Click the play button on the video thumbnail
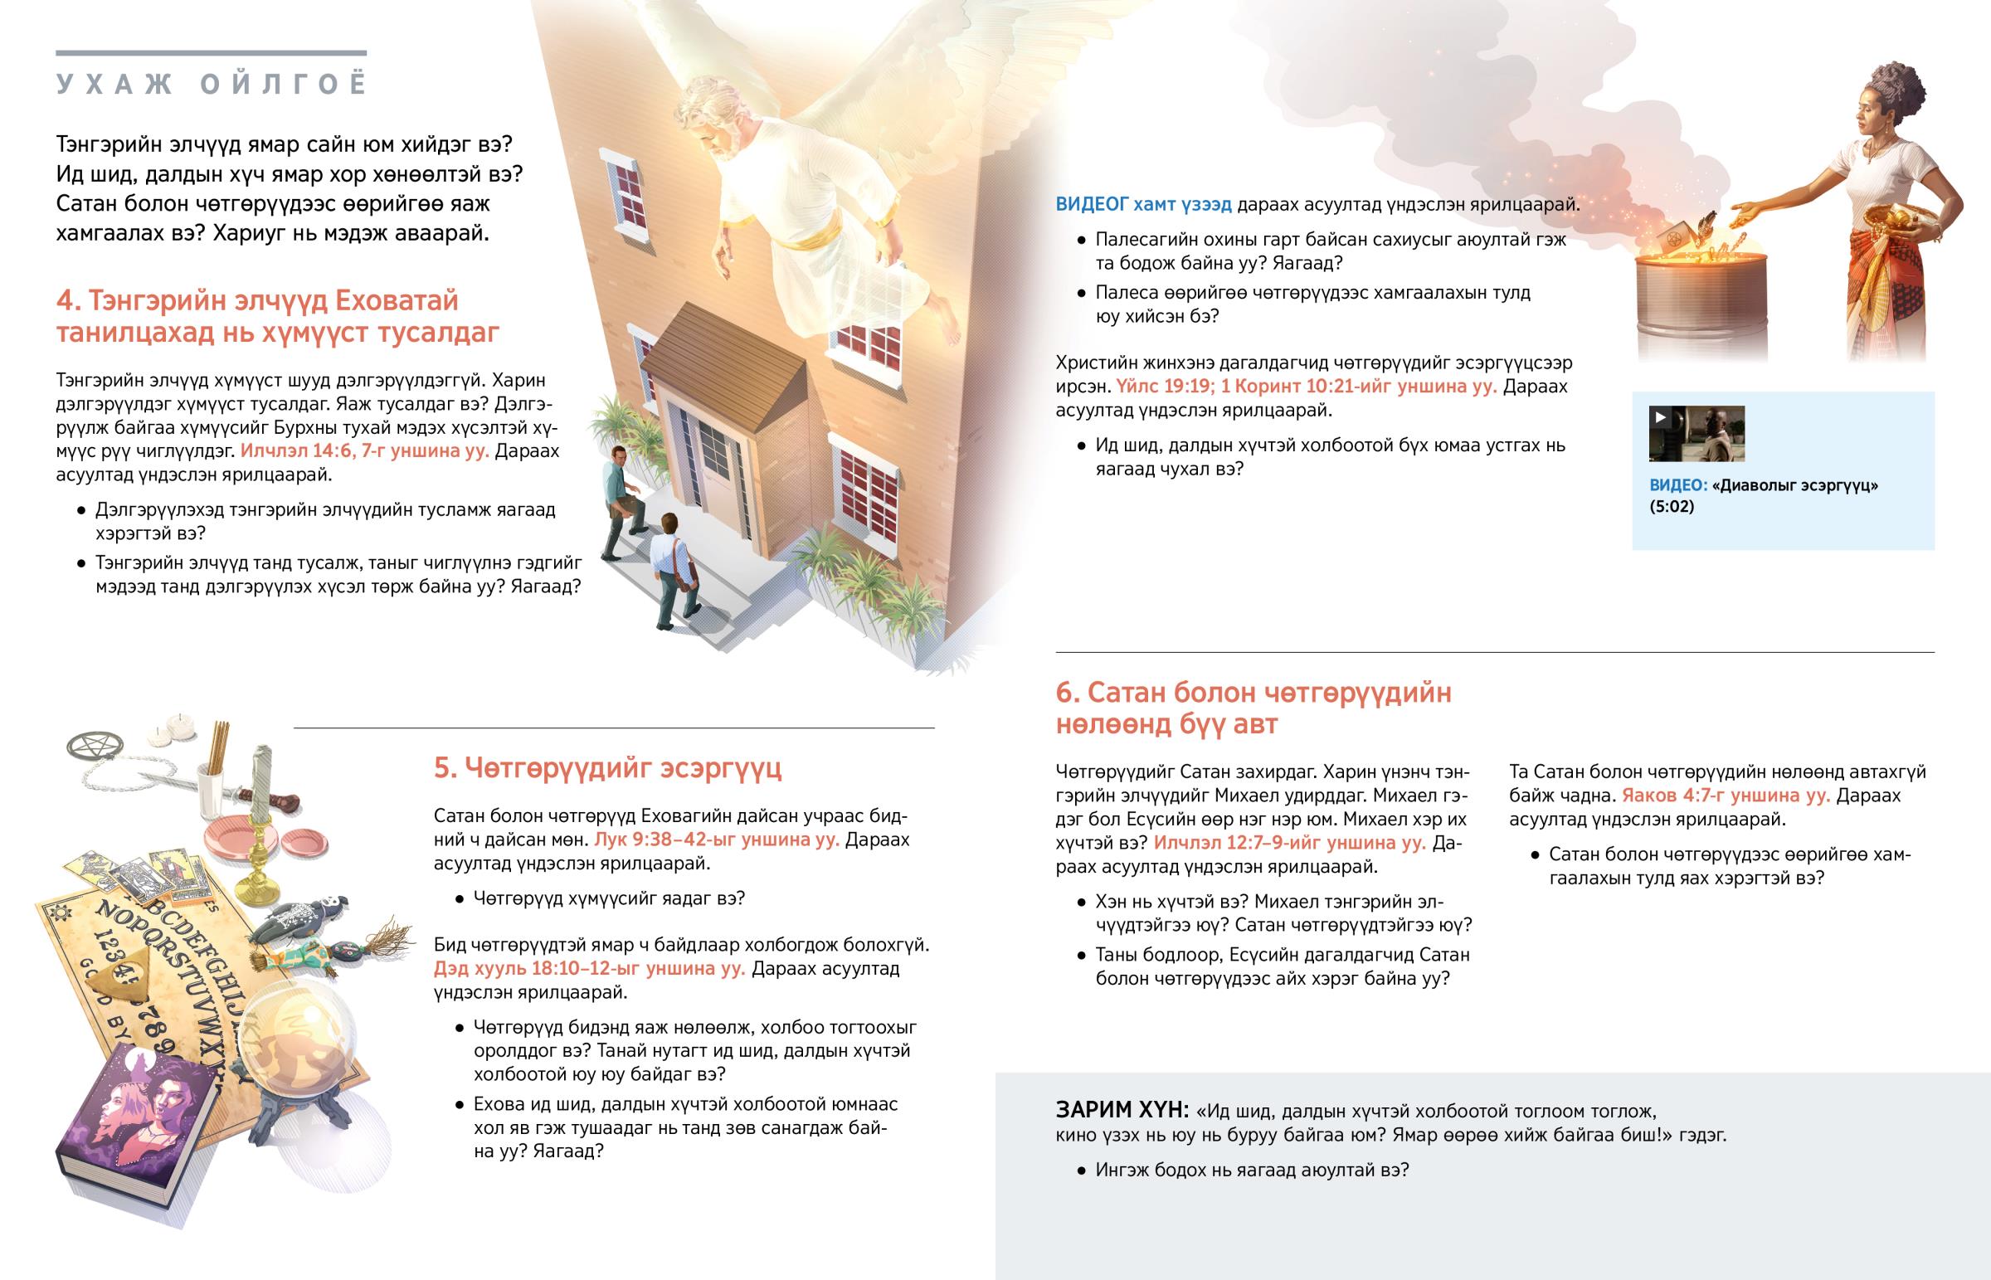(x=1661, y=417)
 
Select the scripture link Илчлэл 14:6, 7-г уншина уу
(x=364, y=451)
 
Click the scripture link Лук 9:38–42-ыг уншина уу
(x=716, y=840)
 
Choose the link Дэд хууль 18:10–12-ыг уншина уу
(x=589, y=968)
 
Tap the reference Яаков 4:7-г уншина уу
(x=1725, y=796)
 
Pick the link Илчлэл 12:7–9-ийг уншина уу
(x=1290, y=843)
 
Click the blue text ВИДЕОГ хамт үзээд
(x=1143, y=204)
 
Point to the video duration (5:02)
(x=1671, y=507)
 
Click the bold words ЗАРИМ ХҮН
(x=1122, y=1111)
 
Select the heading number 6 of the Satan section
(x=1067, y=693)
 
